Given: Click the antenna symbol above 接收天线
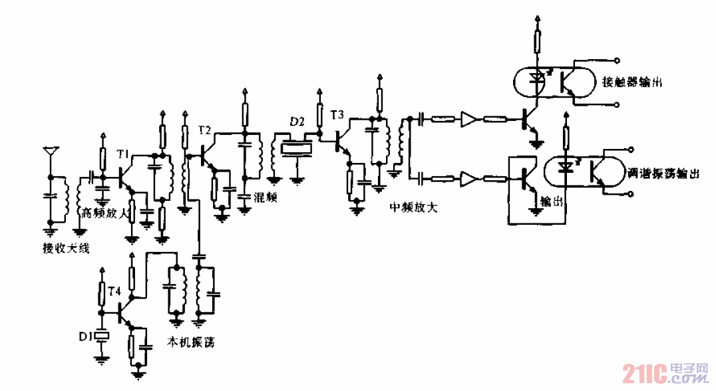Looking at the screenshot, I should (x=49, y=152).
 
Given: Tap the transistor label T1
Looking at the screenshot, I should (x=122, y=154).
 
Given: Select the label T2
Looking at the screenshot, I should (x=204, y=130).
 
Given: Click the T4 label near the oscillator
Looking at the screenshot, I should (x=114, y=291).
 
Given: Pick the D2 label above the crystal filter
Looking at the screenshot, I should (x=297, y=122).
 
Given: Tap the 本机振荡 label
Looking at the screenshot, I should (x=190, y=342).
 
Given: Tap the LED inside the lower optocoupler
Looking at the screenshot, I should (x=566, y=169).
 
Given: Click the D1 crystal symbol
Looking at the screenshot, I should (x=102, y=336).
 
